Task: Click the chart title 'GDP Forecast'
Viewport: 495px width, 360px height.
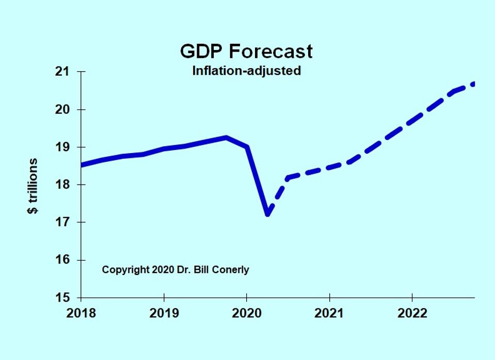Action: pyautogui.click(x=246, y=52)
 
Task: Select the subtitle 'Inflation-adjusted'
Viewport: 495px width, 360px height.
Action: pyautogui.click(x=246, y=71)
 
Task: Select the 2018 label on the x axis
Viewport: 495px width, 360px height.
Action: pyautogui.click(x=82, y=313)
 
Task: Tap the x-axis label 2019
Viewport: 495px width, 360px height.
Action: pyautogui.click(x=164, y=313)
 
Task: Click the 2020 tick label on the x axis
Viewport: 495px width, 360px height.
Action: pyautogui.click(x=247, y=313)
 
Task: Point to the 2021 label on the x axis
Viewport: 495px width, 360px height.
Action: pyautogui.click(x=329, y=313)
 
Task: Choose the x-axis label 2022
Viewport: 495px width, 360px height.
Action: pyautogui.click(x=412, y=313)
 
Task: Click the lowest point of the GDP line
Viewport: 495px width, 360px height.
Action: pyautogui.click(x=268, y=214)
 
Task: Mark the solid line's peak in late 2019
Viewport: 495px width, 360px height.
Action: pyautogui.click(x=226, y=138)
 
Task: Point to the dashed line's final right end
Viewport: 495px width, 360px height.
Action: pyautogui.click(x=473, y=84)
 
